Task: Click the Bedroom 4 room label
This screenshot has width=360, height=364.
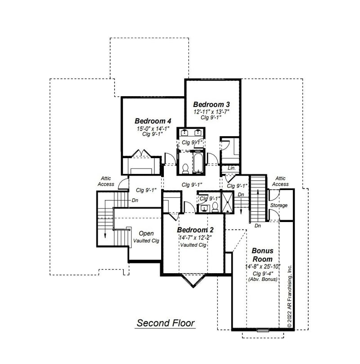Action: pos(153,121)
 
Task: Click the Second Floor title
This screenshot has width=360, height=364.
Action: pos(166,323)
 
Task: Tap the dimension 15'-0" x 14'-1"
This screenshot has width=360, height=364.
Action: pos(153,129)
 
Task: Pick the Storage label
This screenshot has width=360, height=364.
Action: pos(279,205)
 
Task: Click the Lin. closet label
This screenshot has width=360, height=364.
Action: pos(232,168)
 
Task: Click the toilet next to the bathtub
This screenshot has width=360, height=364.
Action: pos(185,169)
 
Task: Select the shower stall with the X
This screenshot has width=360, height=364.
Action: pos(227,202)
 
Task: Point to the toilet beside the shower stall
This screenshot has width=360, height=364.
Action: pos(215,207)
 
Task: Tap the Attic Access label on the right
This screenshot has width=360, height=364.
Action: pos(280,181)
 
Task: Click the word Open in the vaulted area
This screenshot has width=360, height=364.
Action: pos(146,233)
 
